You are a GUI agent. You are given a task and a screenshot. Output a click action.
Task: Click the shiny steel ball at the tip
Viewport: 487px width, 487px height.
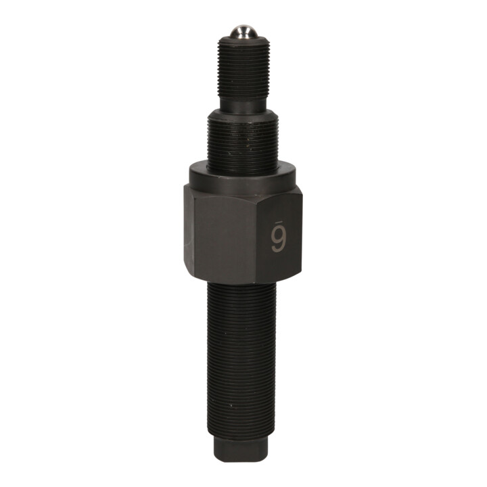tap(243, 31)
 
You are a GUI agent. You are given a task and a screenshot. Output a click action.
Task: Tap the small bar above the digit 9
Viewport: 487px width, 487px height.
tap(278, 221)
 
